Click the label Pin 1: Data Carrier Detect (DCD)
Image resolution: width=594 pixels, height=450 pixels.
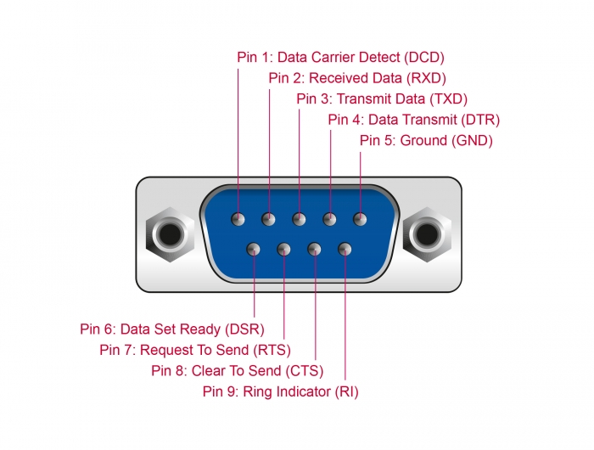340,58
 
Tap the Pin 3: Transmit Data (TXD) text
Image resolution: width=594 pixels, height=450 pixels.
382,98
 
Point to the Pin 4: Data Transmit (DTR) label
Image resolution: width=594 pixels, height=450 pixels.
413,120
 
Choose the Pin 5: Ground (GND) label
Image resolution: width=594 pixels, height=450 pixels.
426,140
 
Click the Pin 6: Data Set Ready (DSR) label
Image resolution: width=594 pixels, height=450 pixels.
172,329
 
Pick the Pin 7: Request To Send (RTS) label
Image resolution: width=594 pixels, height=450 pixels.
195,349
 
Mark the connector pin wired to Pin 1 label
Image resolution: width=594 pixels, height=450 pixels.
238,219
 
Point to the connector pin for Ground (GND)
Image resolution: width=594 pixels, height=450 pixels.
360,219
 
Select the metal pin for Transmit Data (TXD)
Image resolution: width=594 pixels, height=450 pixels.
299,219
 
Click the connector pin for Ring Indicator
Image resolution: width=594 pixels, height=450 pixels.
345,250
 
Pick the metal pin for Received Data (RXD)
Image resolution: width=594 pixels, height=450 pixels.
269,219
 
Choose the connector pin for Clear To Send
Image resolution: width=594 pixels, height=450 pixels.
315,250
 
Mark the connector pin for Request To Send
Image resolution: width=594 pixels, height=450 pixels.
283,250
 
